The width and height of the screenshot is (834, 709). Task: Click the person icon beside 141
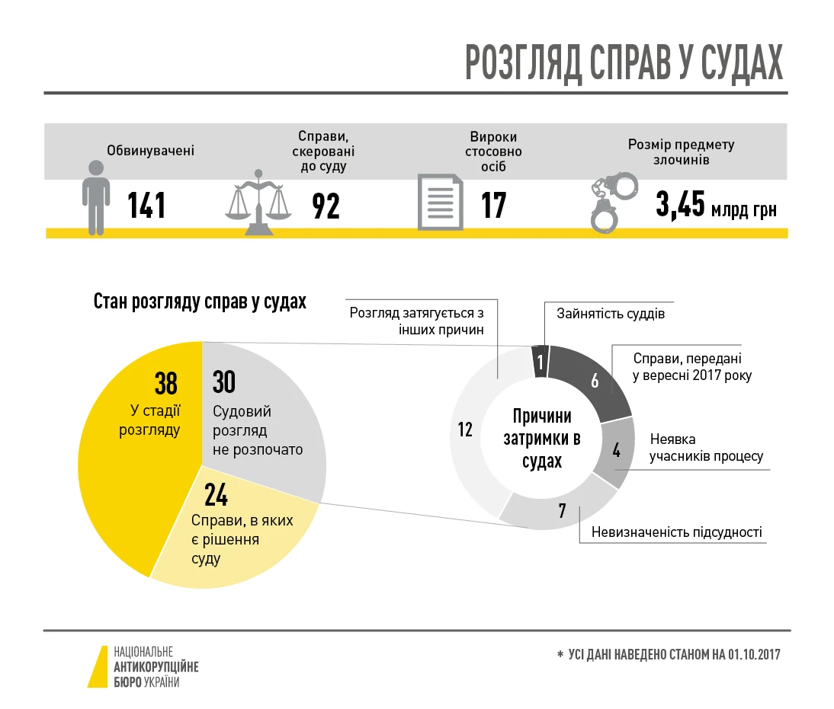click(x=95, y=197)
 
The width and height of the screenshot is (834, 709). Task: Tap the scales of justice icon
click(x=258, y=202)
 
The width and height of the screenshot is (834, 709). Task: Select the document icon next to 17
click(x=440, y=202)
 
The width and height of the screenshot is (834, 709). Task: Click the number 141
click(x=146, y=206)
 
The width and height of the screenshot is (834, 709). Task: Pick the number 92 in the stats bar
click(x=326, y=206)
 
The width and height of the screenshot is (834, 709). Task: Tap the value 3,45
click(x=680, y=205)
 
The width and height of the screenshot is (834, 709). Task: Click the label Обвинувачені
click(x=151, y=151)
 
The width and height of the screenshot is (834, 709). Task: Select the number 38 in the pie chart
click(x=165, y=384)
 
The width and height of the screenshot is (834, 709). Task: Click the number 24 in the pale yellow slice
click(x=216, y=496)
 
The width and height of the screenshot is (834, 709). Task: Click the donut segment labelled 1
click(x=540, y=360)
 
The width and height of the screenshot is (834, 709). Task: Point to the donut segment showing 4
click(x=616, y=451)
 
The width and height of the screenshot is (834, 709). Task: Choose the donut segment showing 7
click(x=562, y=510)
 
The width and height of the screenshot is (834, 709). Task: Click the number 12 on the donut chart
click(x=465, y=430)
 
